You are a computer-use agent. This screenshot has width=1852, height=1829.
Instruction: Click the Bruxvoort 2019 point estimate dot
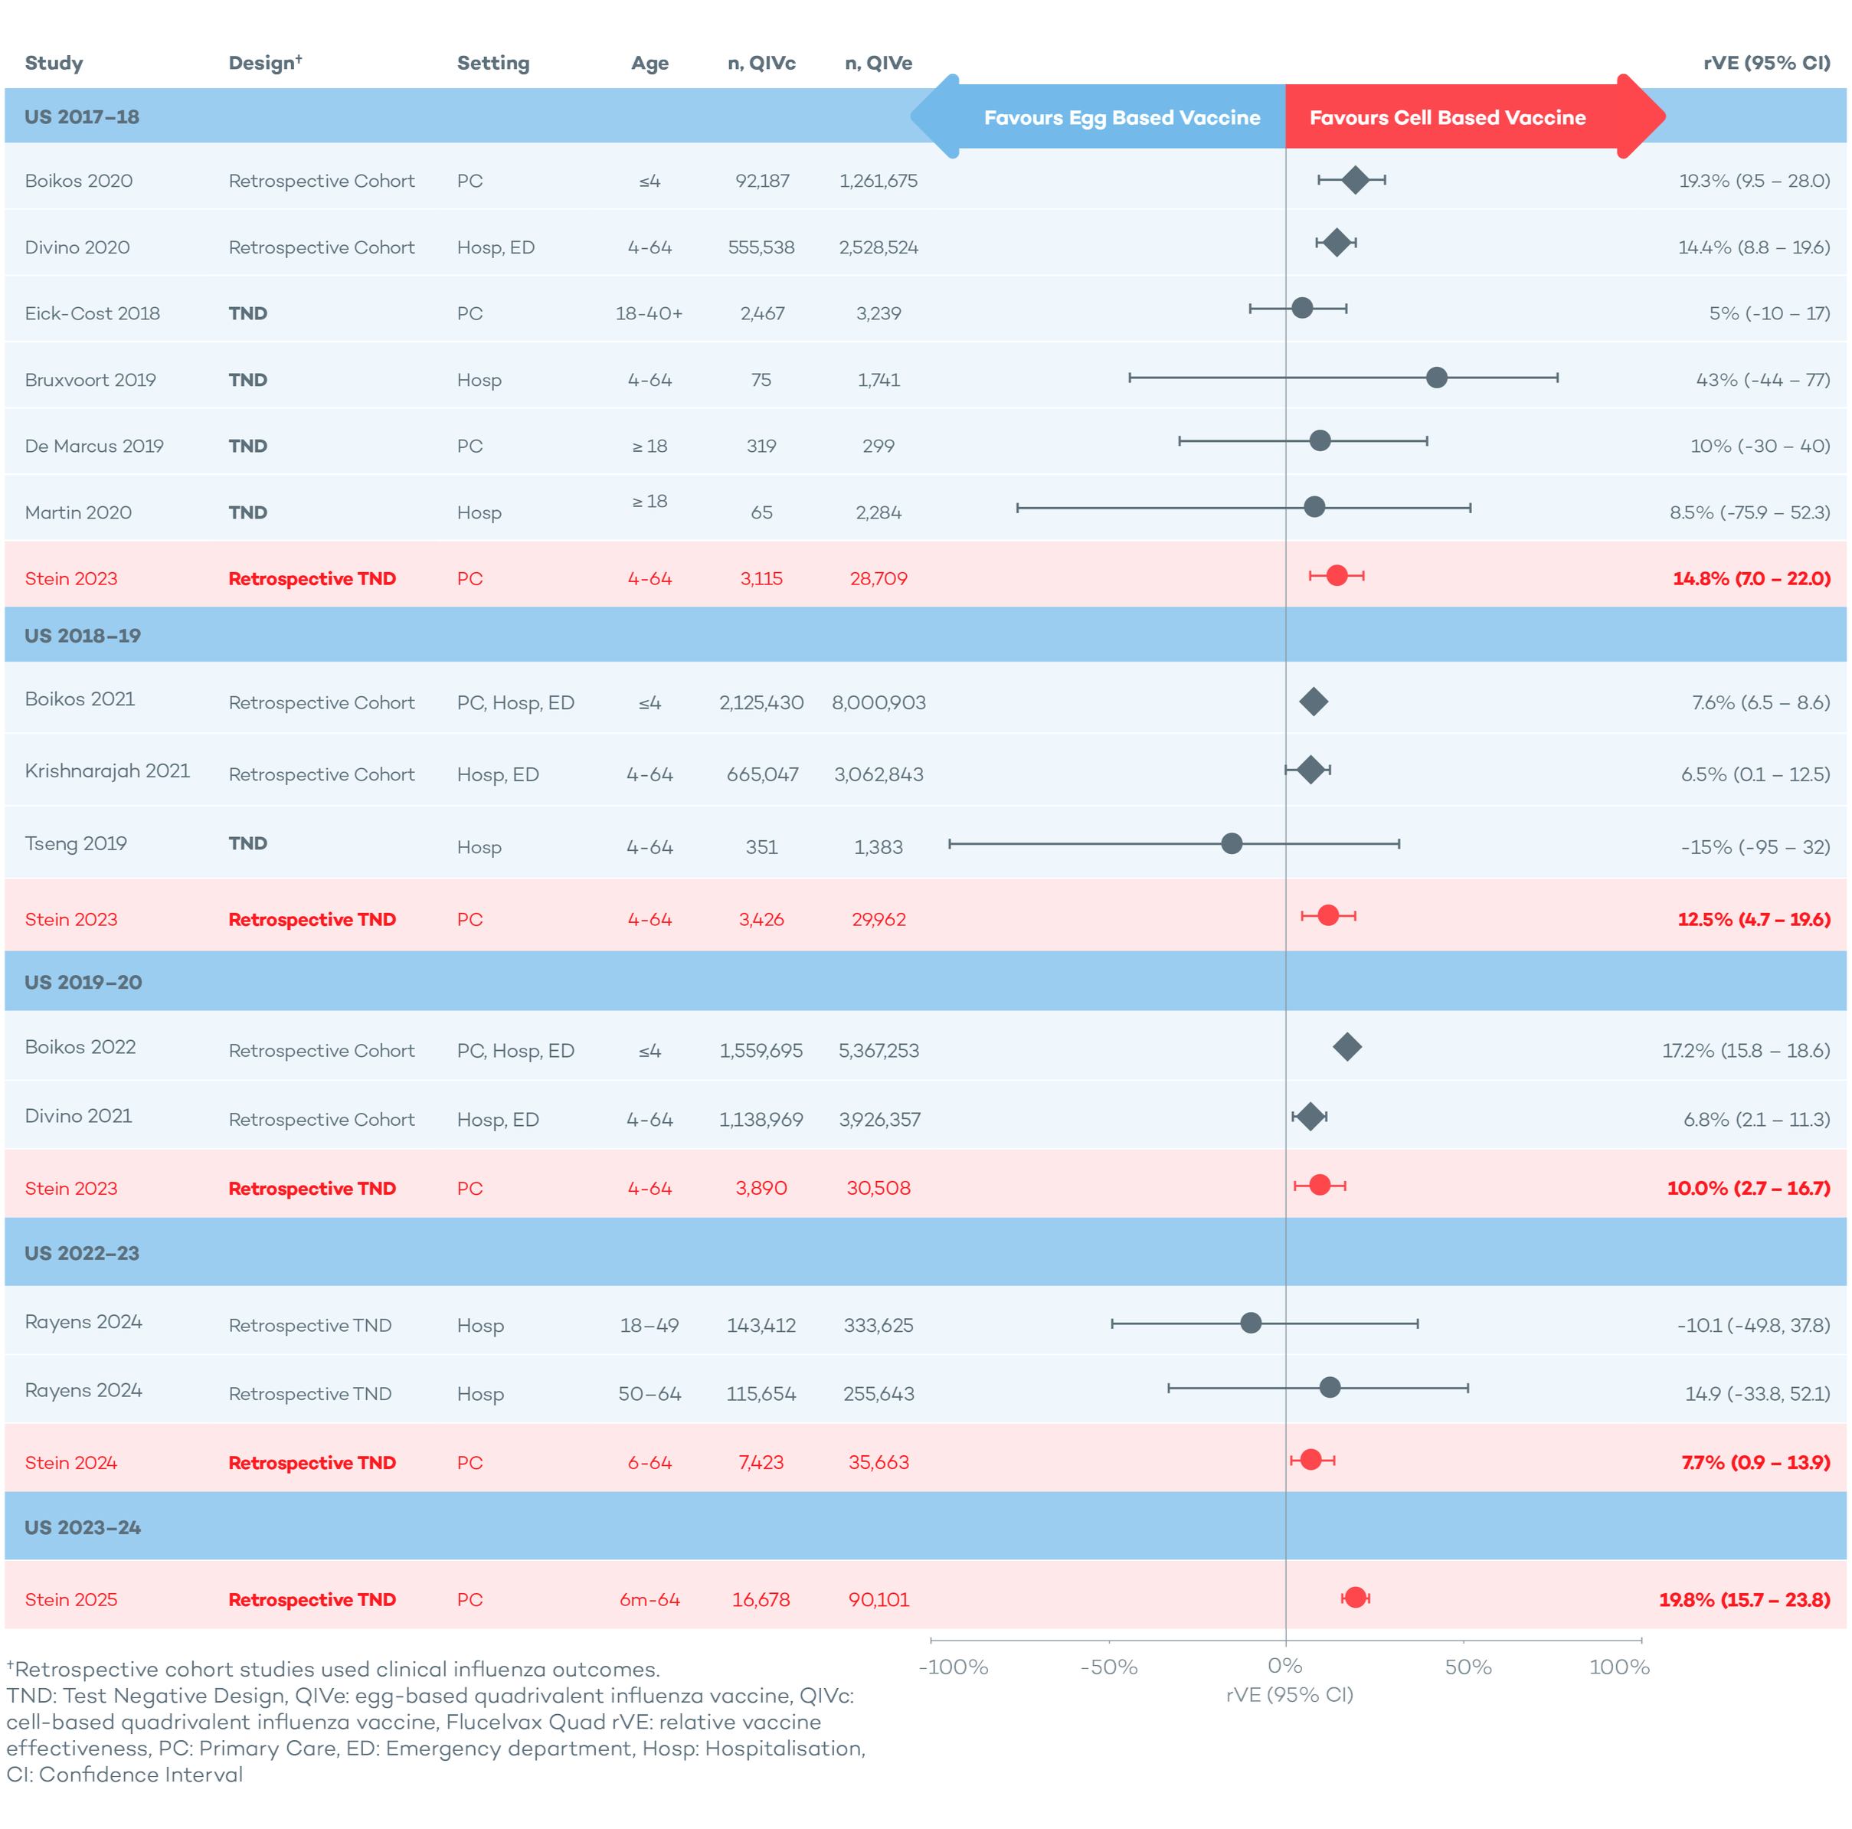[x=1436, y=378]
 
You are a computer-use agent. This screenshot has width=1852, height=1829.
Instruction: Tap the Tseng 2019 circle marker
[x=1232, y=843]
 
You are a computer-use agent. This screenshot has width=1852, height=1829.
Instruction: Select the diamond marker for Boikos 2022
[x=1346, y=1047]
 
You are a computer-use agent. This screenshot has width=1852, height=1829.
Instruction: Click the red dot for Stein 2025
[x=1354, y=1597]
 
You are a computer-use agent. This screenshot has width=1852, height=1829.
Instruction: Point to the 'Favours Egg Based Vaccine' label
[x=1121, y=118]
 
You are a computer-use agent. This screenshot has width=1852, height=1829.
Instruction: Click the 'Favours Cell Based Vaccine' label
[x=1448, y=118]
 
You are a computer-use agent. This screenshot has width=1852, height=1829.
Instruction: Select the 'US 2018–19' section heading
[x=83, y=636]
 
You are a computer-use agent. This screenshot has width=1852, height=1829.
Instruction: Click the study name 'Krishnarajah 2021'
[x=107, y=771]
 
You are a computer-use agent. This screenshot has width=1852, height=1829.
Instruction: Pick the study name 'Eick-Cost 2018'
[x=92, y=313]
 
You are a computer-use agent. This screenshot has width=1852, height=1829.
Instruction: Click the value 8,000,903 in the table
[x=878, y=702]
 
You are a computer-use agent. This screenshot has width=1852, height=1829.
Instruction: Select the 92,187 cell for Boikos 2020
[x=762, y=182]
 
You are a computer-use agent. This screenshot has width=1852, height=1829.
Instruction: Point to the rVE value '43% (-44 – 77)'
[x=1762, y=380]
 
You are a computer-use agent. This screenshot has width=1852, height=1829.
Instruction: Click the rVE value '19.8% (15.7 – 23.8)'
[x=1744, y=1599]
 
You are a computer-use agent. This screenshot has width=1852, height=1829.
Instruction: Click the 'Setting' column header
[x=492, y=64]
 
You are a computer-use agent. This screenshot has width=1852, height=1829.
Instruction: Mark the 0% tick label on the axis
[x=1284, y=1666]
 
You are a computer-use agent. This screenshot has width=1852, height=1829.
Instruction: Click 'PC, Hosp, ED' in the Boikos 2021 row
[x=515, y=702]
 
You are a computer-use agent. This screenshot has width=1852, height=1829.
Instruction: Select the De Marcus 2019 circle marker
[x=1320, y=441]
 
